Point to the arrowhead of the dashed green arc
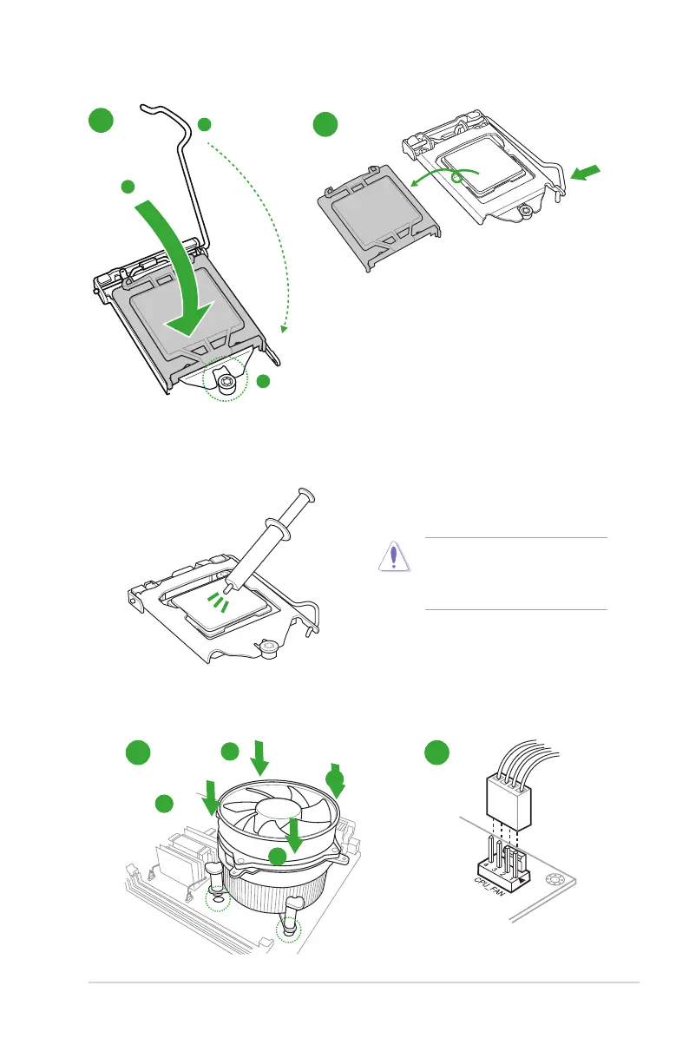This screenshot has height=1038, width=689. pos(283,328)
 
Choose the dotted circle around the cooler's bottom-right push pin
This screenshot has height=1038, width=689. pos(288,932)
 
